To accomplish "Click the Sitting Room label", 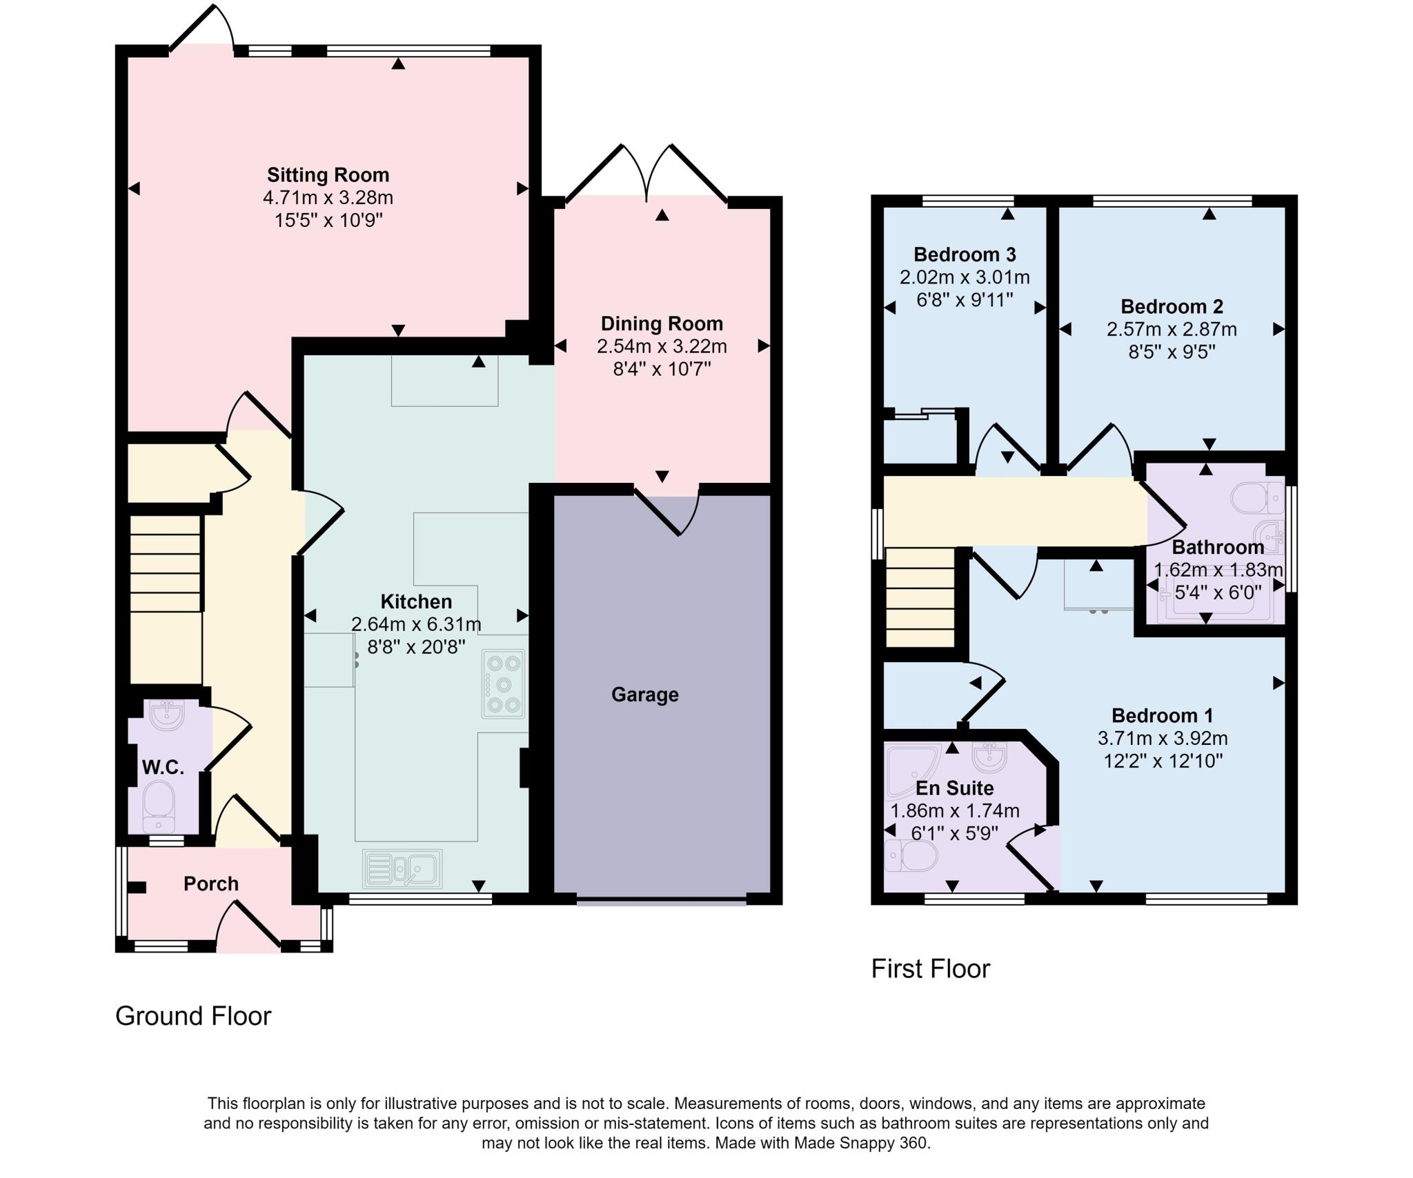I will (x=328, y=174).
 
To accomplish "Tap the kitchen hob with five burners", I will (x=503, y=684).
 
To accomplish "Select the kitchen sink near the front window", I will (x=402, y=868).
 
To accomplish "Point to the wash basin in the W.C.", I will (x=166, y=715).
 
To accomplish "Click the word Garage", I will (x=644, y=695).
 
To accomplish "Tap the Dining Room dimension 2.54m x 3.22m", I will (x=662, y=346).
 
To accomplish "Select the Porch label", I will (x=211, y=883).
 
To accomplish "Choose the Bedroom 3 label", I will (x=965, y=254).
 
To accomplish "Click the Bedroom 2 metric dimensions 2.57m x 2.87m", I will (x=1172, y=330).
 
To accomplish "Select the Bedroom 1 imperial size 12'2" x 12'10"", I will (x=1163, y=761).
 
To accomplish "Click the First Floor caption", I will (x=930, y=969).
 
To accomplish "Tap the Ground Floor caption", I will (x=193, y=1016).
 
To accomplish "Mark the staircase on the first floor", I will (x=919, y=597).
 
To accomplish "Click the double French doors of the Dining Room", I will (x=646, y=176).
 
